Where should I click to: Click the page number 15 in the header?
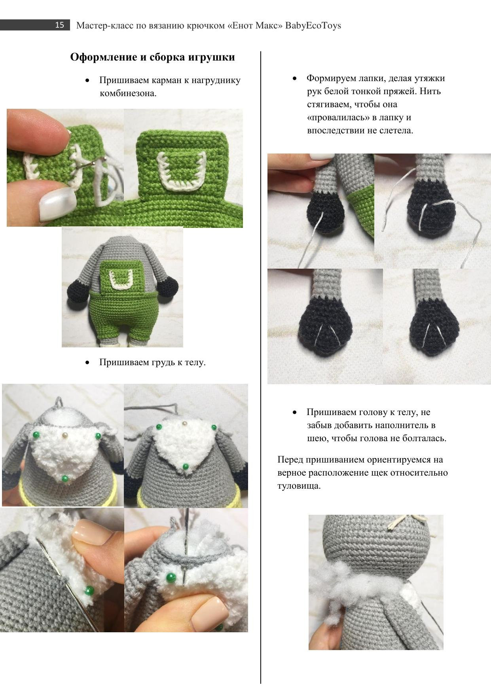[59, 25]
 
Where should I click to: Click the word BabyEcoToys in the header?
[313, 26]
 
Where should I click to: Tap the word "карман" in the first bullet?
[166, 80]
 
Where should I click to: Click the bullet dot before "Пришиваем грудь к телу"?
[87, 362]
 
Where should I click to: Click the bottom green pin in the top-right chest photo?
[186, 467]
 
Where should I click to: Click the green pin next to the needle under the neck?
[171, 577]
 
